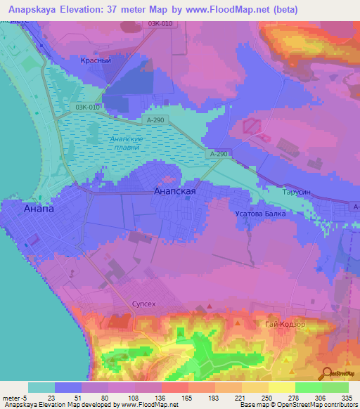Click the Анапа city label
tap(39, 209)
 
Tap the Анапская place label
tap(174, 190)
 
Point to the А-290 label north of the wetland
tap(157, 121)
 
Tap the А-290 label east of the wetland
tap(219, 154)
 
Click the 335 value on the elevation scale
tap(347, 397)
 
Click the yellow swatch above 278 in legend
tap(281, 387)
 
